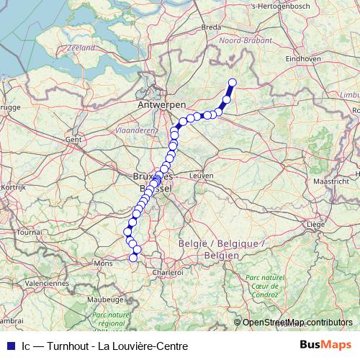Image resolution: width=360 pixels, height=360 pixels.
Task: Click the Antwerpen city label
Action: [x=157, y=105]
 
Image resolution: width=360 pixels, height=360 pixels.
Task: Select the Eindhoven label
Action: [x=302, y=58]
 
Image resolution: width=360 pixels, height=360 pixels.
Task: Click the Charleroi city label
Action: [x=169, y=273]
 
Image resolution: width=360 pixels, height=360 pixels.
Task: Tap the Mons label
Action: [x=104, y=264]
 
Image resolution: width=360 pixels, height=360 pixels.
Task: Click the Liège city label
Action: [x=315, y=225]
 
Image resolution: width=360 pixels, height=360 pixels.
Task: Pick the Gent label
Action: [x=73, y=139]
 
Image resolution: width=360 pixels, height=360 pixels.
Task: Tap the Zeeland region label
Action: [x=79, y=48]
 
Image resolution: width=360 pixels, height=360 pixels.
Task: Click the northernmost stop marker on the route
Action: [x=232, y=82]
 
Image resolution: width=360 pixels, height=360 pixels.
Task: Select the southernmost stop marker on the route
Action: [x=132, y=258]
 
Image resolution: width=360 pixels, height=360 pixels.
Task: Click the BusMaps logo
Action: [x=325, y=345]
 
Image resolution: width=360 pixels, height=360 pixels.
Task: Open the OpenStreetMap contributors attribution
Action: [x=297, y=323]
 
